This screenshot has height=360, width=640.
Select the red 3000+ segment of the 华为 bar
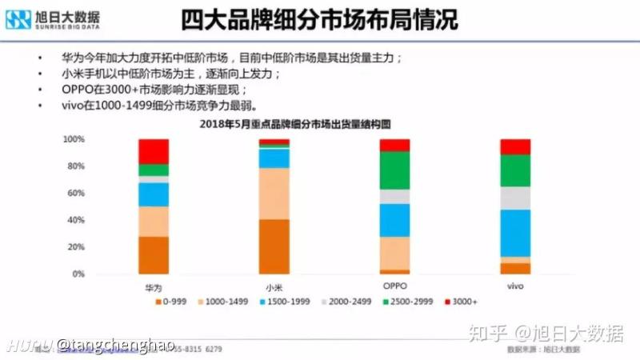pyautogui.click(x=153, y=151)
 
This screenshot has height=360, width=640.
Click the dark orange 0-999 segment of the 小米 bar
pyautogui.click(x=274, y=246)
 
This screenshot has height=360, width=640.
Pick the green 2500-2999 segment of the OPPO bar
pyautogui.click(x=394, y=170)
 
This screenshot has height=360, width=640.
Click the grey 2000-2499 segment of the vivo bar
pyautogui.click(x=515, y=198)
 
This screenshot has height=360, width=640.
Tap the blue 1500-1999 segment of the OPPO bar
pyautogui.click(x=394, y=220)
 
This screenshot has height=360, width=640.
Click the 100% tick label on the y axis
pyautogui.click(x=73, y=139)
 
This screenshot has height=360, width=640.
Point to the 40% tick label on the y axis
pyautogui.click(x=75, y=220)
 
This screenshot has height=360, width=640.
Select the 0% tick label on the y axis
pyautogui.click(x=78, y=274)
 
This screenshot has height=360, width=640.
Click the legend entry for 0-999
pyautogui.click(x=173, y=302)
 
